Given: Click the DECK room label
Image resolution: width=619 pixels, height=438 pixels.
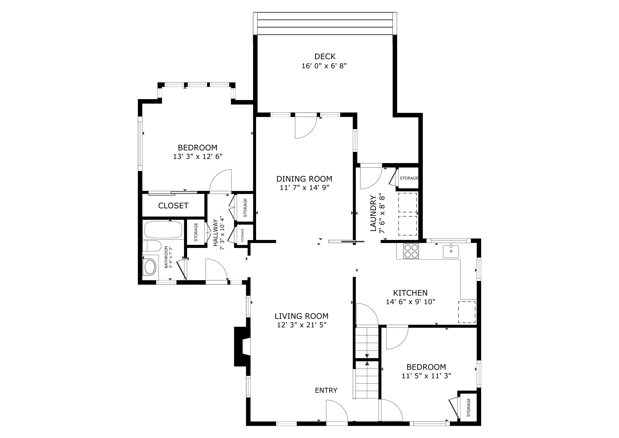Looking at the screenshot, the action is pos(325,57).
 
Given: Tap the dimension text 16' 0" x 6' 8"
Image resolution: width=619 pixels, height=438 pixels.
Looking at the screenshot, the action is pos(324,66).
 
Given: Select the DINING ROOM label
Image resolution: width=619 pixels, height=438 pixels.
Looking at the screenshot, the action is pos(304,179).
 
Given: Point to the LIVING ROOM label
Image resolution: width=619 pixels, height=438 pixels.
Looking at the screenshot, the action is pos(301,316).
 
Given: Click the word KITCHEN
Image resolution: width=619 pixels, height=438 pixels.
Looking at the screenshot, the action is pos(410,293).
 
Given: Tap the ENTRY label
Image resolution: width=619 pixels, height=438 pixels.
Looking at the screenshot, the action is pos(326,390).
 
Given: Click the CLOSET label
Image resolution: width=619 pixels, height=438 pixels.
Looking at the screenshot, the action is pos(173,206).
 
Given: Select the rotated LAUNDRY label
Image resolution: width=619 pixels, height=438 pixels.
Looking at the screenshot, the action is pos(373,213).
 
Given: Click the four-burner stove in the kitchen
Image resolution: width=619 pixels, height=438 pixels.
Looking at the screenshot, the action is pos(411,251).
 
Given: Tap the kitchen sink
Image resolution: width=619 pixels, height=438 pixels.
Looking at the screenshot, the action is pos(451,251).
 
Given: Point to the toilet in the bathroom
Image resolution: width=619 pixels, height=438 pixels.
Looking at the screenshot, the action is pos(152,246).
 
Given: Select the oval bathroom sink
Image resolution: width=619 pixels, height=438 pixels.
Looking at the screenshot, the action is pos(150,267).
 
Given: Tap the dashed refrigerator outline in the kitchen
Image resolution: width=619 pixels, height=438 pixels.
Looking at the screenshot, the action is pos(467,312).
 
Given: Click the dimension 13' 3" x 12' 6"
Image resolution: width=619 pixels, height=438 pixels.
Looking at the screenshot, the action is pos(198,157).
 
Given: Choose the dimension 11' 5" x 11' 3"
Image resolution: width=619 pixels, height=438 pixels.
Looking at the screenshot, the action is pos(426,376).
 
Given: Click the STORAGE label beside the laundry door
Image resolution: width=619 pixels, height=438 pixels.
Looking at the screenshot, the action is pos(409,178).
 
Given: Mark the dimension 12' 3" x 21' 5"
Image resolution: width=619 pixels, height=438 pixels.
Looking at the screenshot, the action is pos(302,325).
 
